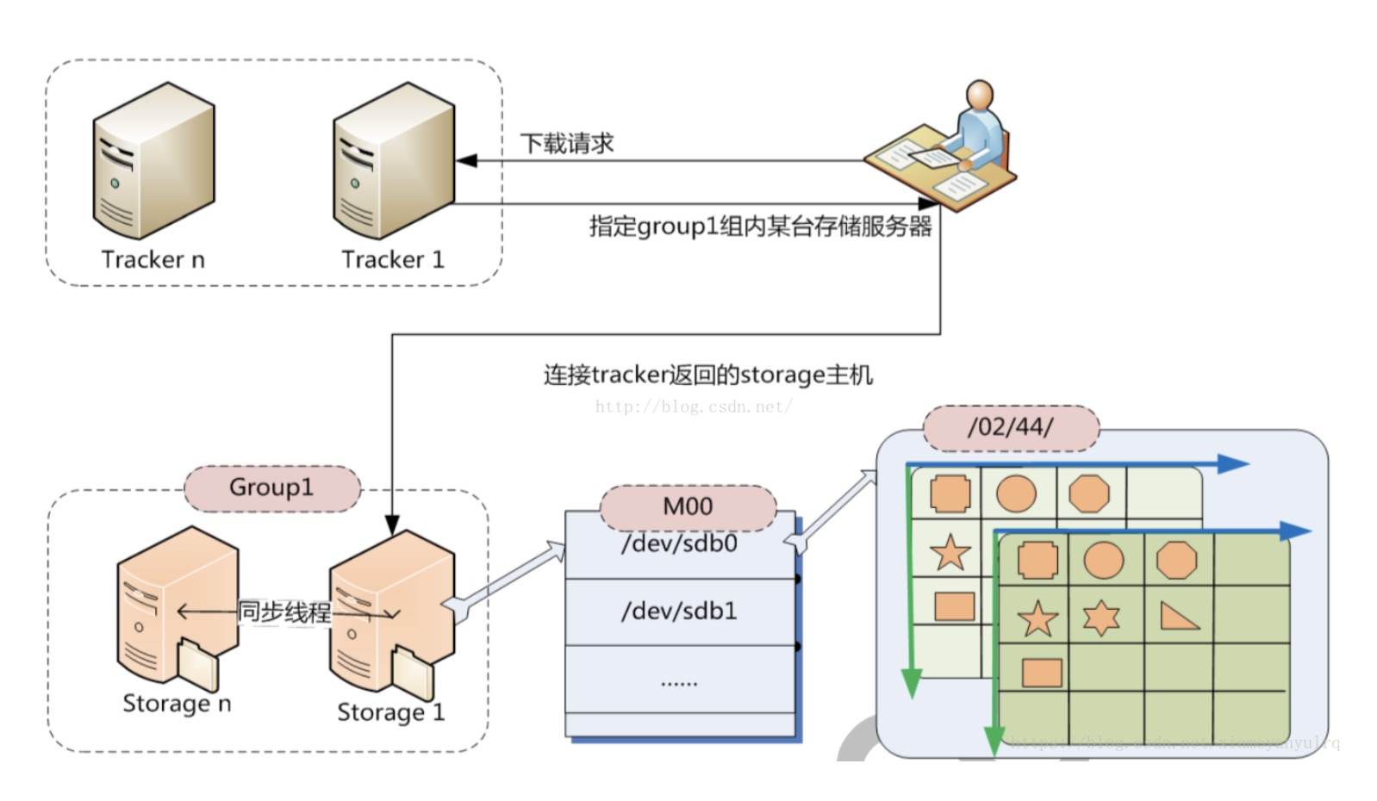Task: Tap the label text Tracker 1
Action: coord(393,259)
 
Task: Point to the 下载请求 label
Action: coord(567,143)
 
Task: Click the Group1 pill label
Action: coord(271,487)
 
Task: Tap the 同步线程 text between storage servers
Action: coord(284,612)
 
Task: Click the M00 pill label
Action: coord(688,506)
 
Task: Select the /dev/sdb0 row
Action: coord(679,545)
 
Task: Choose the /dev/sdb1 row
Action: coord(679,612)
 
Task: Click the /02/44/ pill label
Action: coord(1010,427)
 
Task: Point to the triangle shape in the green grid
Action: coord(1178,616)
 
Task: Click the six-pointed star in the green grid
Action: coord(1101,618)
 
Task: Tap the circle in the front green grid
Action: coord(1104,561)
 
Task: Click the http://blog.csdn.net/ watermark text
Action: coord(694,407)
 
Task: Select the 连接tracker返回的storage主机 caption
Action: coord(707,376)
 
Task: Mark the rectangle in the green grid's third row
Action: coord(1041,673)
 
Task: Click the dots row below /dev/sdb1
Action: coord(679,683)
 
